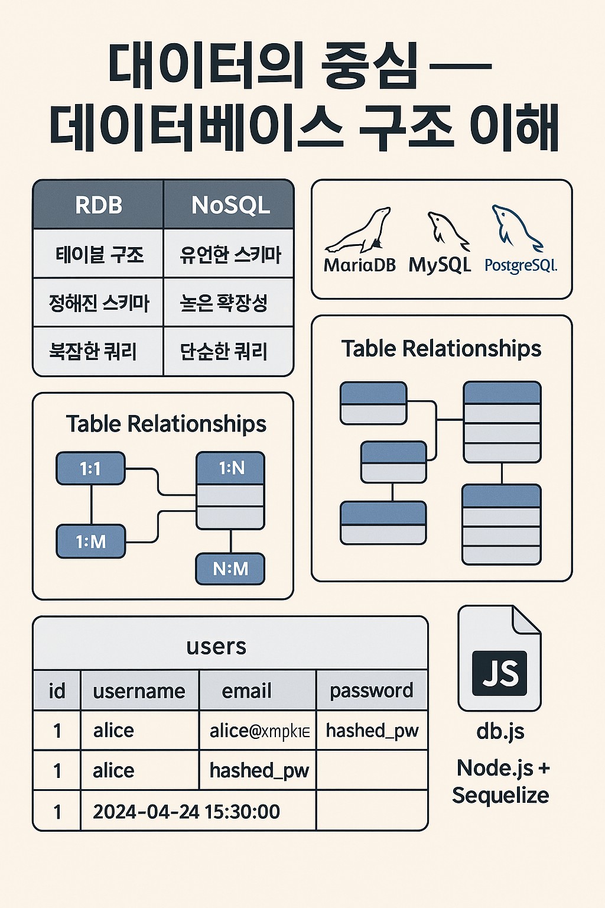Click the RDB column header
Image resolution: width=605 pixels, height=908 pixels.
point(99,205)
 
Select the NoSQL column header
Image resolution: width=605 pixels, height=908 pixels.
point(230,205)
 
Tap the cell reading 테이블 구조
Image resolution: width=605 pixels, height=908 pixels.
point(99,255)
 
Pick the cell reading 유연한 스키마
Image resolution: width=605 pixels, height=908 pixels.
point(230,255)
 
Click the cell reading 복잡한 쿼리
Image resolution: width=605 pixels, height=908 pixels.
point(93,352)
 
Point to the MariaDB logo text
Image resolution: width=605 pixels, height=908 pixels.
point(359,265)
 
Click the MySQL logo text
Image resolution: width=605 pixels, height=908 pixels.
point(440,265)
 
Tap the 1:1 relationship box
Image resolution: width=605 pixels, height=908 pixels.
point(90,469)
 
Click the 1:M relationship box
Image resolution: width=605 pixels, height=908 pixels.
point(90,541)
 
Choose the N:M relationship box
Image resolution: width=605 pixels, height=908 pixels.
point(230,569)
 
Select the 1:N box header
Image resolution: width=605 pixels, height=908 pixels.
point(230,469)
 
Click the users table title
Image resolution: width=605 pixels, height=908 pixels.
point(216,646)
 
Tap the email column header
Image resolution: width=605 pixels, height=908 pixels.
point(246,690)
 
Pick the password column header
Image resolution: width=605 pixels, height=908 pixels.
point(371,690)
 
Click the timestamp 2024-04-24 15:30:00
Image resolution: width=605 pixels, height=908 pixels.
point(186,812)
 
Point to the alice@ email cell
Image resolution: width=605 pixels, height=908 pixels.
point(259,731)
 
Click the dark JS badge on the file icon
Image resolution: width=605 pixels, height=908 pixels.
point(500,673)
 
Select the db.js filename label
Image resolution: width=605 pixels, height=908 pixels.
point(500,731)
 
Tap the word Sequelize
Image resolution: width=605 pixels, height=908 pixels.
point(500,796)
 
